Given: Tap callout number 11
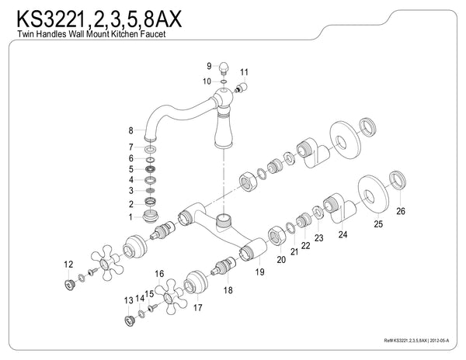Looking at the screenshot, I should click(244, 72).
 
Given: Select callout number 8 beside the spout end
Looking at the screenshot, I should click(131, 130).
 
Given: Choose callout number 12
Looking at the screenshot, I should click(68, 265).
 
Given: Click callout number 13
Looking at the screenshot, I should click(128, 299).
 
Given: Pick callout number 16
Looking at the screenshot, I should click(158, 274).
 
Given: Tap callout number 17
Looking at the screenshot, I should click(198, 307).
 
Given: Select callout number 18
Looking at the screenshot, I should click(228, 289).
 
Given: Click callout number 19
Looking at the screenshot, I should click(259, 272).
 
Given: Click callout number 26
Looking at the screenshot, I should click(401, 210).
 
